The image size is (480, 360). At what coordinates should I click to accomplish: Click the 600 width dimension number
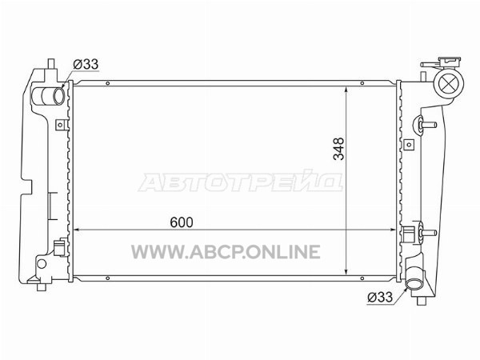(x=182, y=222)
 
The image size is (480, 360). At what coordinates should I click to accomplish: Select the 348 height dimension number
(x=339, y=149)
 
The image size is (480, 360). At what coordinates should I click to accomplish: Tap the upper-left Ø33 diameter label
(x=86, y=64)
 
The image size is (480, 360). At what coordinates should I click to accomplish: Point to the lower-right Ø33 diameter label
(x=380, y=297)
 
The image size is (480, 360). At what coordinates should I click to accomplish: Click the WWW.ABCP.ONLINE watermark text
(x=226, y=252)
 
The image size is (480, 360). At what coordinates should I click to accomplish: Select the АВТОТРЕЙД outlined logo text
(x=241, y=182)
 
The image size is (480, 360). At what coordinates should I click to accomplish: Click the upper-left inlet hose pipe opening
(x=58, y=95)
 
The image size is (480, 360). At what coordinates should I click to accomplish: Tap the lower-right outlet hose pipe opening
(x=413, y=284)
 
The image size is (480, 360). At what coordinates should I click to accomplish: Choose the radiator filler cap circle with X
(x=449, y=83)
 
